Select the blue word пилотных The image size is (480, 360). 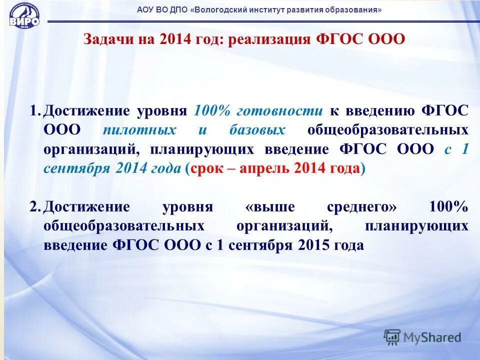point(139,130)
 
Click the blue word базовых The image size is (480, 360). point(257,130)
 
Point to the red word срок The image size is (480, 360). point(205,168)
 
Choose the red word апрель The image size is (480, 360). point(263,168)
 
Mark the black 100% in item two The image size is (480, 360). point(448,207)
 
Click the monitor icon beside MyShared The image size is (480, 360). point(392,337)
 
